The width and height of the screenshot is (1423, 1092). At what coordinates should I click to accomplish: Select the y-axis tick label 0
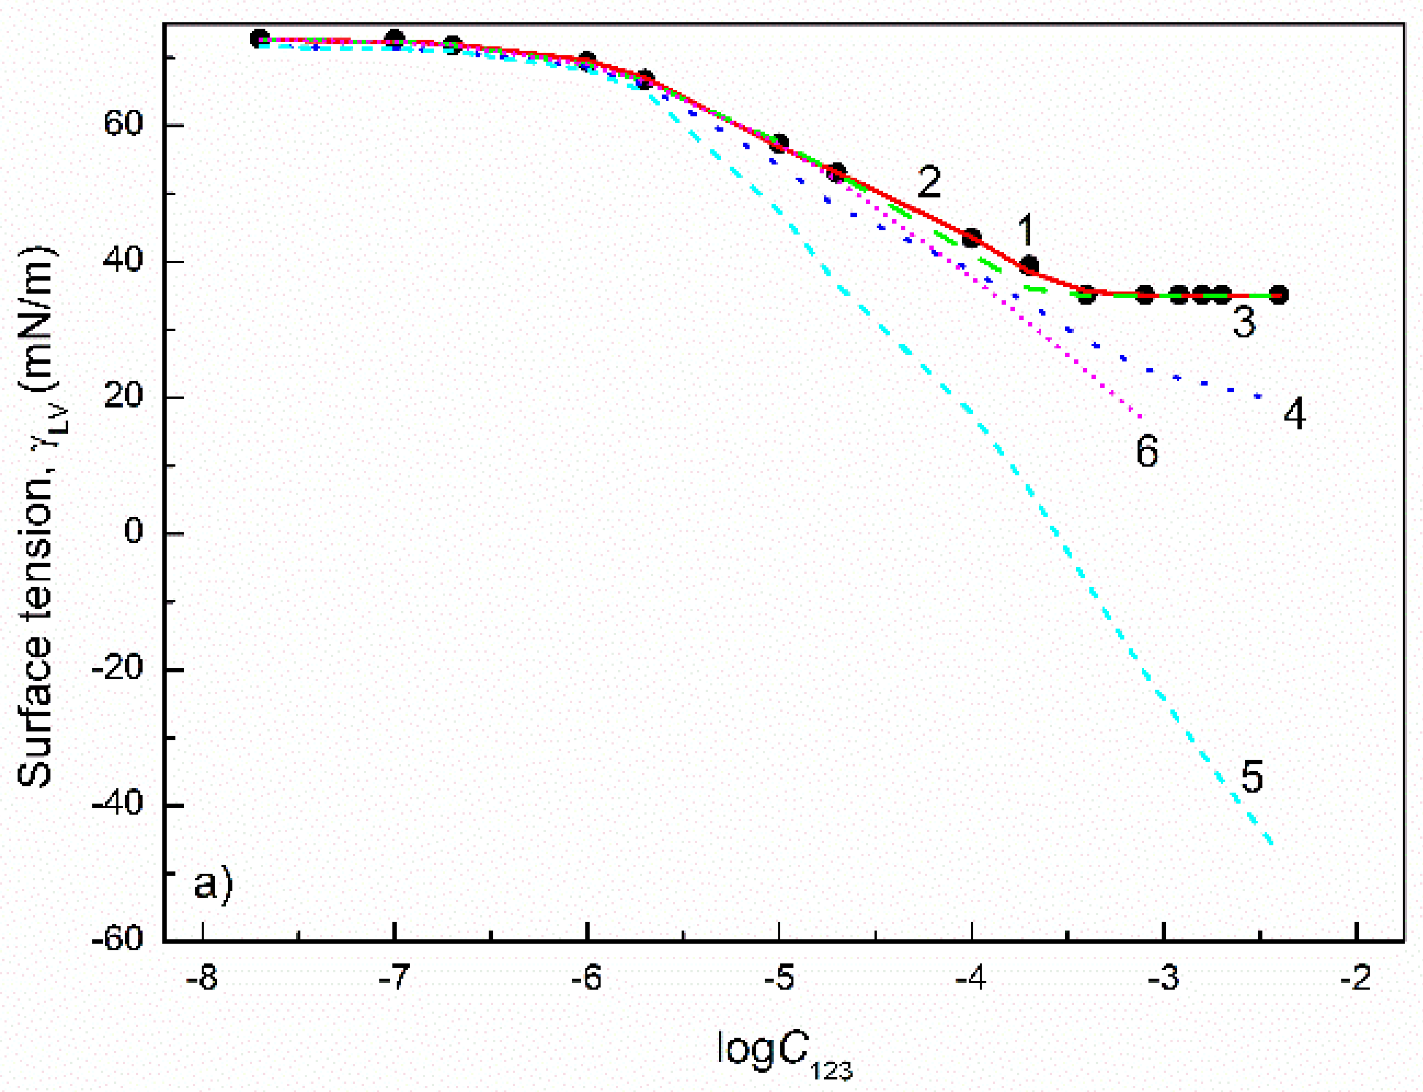tap(133, 531)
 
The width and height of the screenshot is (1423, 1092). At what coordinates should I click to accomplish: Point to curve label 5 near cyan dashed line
tap(1251, 777)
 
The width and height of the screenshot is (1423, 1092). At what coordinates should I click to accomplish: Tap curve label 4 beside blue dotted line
tap(1294, 414)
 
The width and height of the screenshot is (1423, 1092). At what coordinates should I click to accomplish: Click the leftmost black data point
tap(260, 38)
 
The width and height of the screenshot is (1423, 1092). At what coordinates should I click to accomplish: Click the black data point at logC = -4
tap(971, 238)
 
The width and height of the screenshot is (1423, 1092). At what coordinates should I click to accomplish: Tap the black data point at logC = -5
tap(779, 142)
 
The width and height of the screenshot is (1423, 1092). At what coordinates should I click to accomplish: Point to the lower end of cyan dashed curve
tap(1272, 844)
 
